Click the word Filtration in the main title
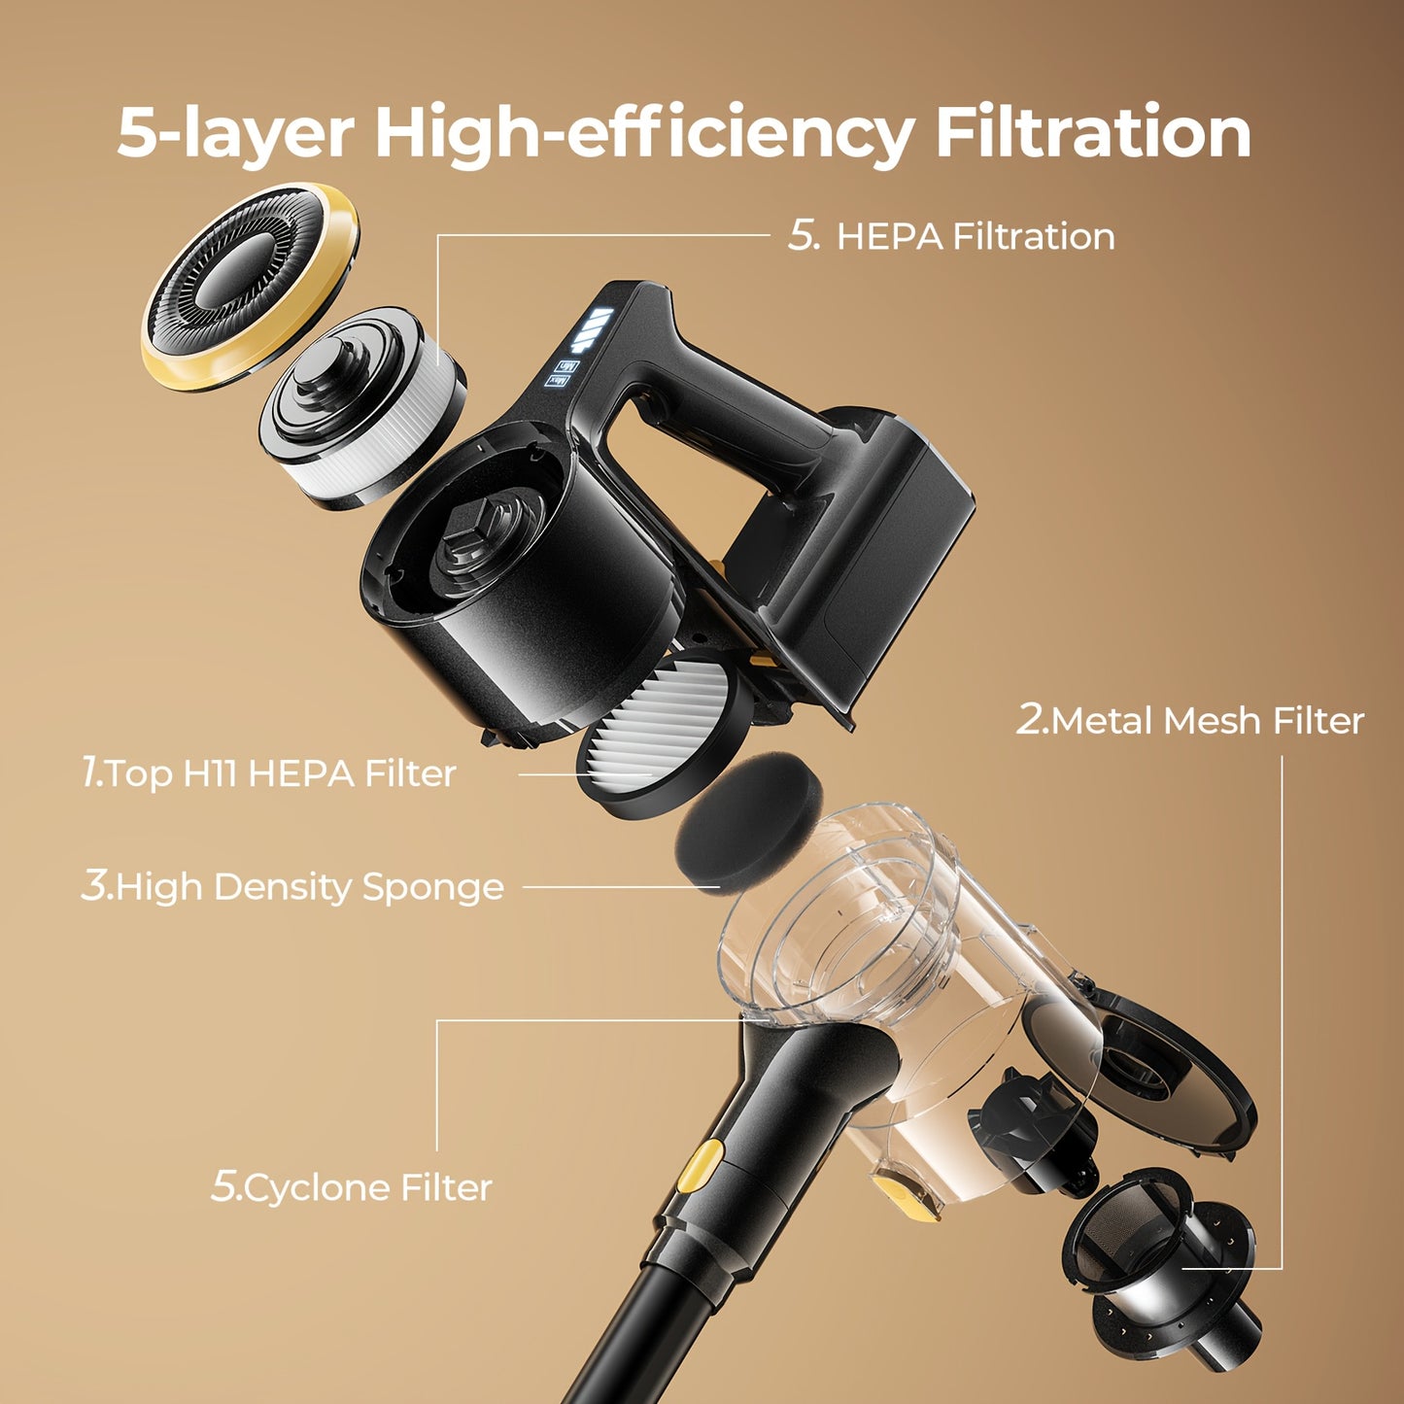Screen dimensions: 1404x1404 pos(1094,132)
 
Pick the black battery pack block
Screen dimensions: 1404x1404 pos(874,554)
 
